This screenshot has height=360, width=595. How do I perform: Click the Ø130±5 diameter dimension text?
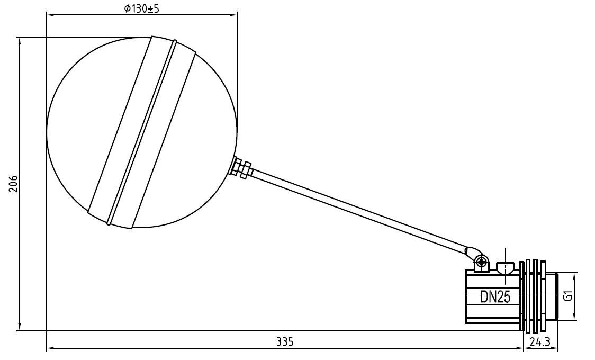click(142, 8)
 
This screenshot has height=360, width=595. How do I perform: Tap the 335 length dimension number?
click(284, 342)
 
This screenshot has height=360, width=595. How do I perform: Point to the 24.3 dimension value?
click(540, 342)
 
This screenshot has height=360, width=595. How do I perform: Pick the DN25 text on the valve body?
click(495, 297)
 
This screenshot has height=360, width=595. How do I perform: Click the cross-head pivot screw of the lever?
click(481, 261)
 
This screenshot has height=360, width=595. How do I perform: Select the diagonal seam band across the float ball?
click(141, 132)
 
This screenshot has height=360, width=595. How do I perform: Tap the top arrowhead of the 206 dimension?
click(20, 40)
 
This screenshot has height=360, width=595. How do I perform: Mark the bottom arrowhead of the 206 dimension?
click(20, 328)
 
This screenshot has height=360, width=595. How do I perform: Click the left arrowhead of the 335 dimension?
click(50, 348)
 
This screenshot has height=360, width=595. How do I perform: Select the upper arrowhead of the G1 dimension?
click(575, 276)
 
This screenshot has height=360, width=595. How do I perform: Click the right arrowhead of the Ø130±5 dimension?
click(234, 15)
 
